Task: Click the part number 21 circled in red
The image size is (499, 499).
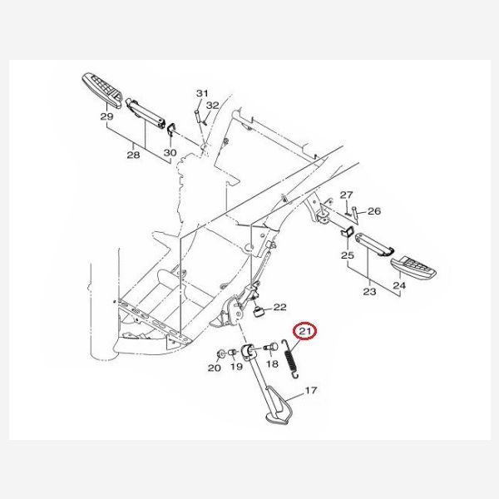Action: click(305, 331)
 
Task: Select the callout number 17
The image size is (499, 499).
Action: click(311, 390)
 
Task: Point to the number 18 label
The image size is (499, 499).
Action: click(272, 363)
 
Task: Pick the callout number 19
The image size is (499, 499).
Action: click(236, 367)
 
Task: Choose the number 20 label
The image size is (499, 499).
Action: click(215, 368)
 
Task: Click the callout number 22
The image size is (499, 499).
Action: click(280, 307)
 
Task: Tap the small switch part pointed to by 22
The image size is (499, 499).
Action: click(259, 312)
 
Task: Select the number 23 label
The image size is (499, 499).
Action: click(369, 292)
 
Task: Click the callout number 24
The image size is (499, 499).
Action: click(399, 285)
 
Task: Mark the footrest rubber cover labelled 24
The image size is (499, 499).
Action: click(413, 267)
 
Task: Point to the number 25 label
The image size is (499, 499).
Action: click(348, 255)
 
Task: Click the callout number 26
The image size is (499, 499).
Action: click(374, 211)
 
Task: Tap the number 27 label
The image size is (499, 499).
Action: click(347, 195)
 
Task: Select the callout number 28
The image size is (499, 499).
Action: click(133, 155)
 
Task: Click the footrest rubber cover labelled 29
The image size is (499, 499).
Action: click(102, 91)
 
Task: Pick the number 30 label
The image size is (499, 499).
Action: click(170, 153)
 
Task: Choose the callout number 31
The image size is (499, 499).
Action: click(202, 93)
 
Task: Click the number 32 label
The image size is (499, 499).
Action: click(213, 106)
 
